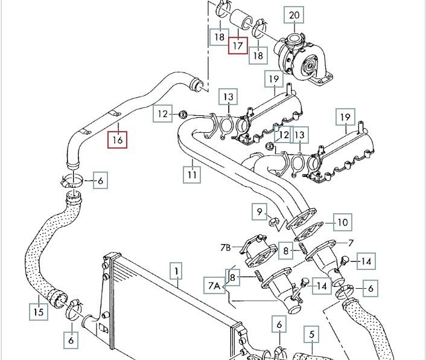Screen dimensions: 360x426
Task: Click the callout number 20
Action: (x=294, y=14)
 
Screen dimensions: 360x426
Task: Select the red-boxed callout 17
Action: (x=238, y=44)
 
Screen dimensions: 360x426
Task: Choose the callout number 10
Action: (x=342, y=222)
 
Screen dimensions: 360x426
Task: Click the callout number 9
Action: (x=260, y=211)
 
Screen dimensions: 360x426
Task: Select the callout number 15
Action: (x=38, y=312)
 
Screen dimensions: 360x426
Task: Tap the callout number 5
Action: (x=311, y=334)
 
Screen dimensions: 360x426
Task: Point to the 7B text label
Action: (x=225, y=248)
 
